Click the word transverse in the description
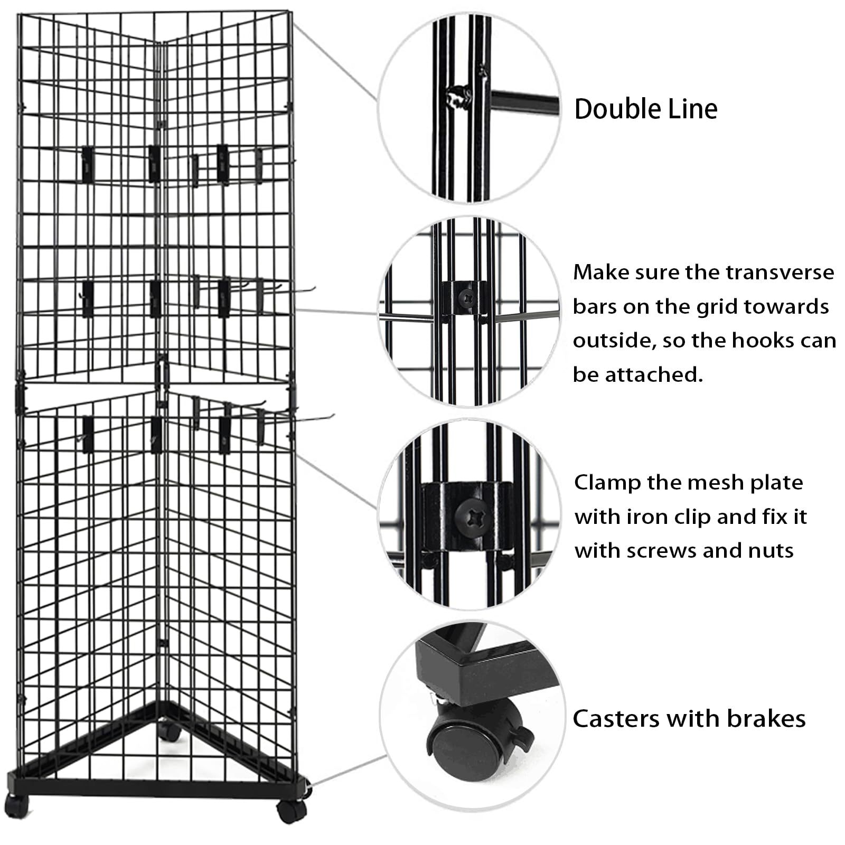coord(780,273)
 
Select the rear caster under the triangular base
coord(170,731)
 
